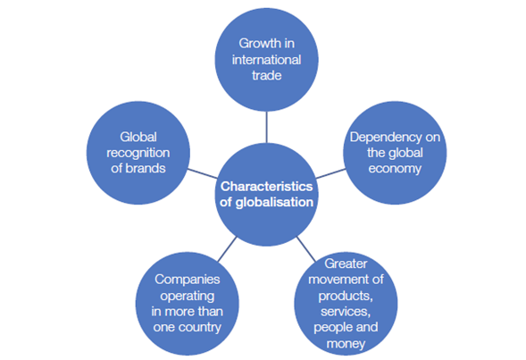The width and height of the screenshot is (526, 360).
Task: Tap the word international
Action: coord(267,60)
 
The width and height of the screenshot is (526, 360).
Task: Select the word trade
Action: coord(267,75)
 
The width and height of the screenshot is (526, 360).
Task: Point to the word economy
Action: coord(395,169)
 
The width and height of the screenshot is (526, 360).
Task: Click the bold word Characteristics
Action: coord(267,186)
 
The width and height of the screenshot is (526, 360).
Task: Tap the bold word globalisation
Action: coord(274,202)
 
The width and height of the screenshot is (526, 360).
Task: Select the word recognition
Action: coord(138,153)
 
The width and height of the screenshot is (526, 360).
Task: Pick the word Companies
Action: coord(188,280)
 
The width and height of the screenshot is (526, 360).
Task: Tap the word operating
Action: coord(188,296)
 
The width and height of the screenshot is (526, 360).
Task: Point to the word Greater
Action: coord(346,264)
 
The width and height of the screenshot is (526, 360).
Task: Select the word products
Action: coord(346,296)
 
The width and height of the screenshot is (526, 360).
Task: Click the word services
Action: coord(346,312)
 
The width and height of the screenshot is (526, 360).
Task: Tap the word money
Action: coord(346,344)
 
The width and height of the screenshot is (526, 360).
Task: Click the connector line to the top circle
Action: coord(267,127)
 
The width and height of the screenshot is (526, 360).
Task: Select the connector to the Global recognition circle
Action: coord(203,173)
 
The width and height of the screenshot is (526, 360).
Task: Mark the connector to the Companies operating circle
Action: coord(227,249)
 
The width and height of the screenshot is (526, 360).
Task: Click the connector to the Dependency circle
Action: coord(330,173)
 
